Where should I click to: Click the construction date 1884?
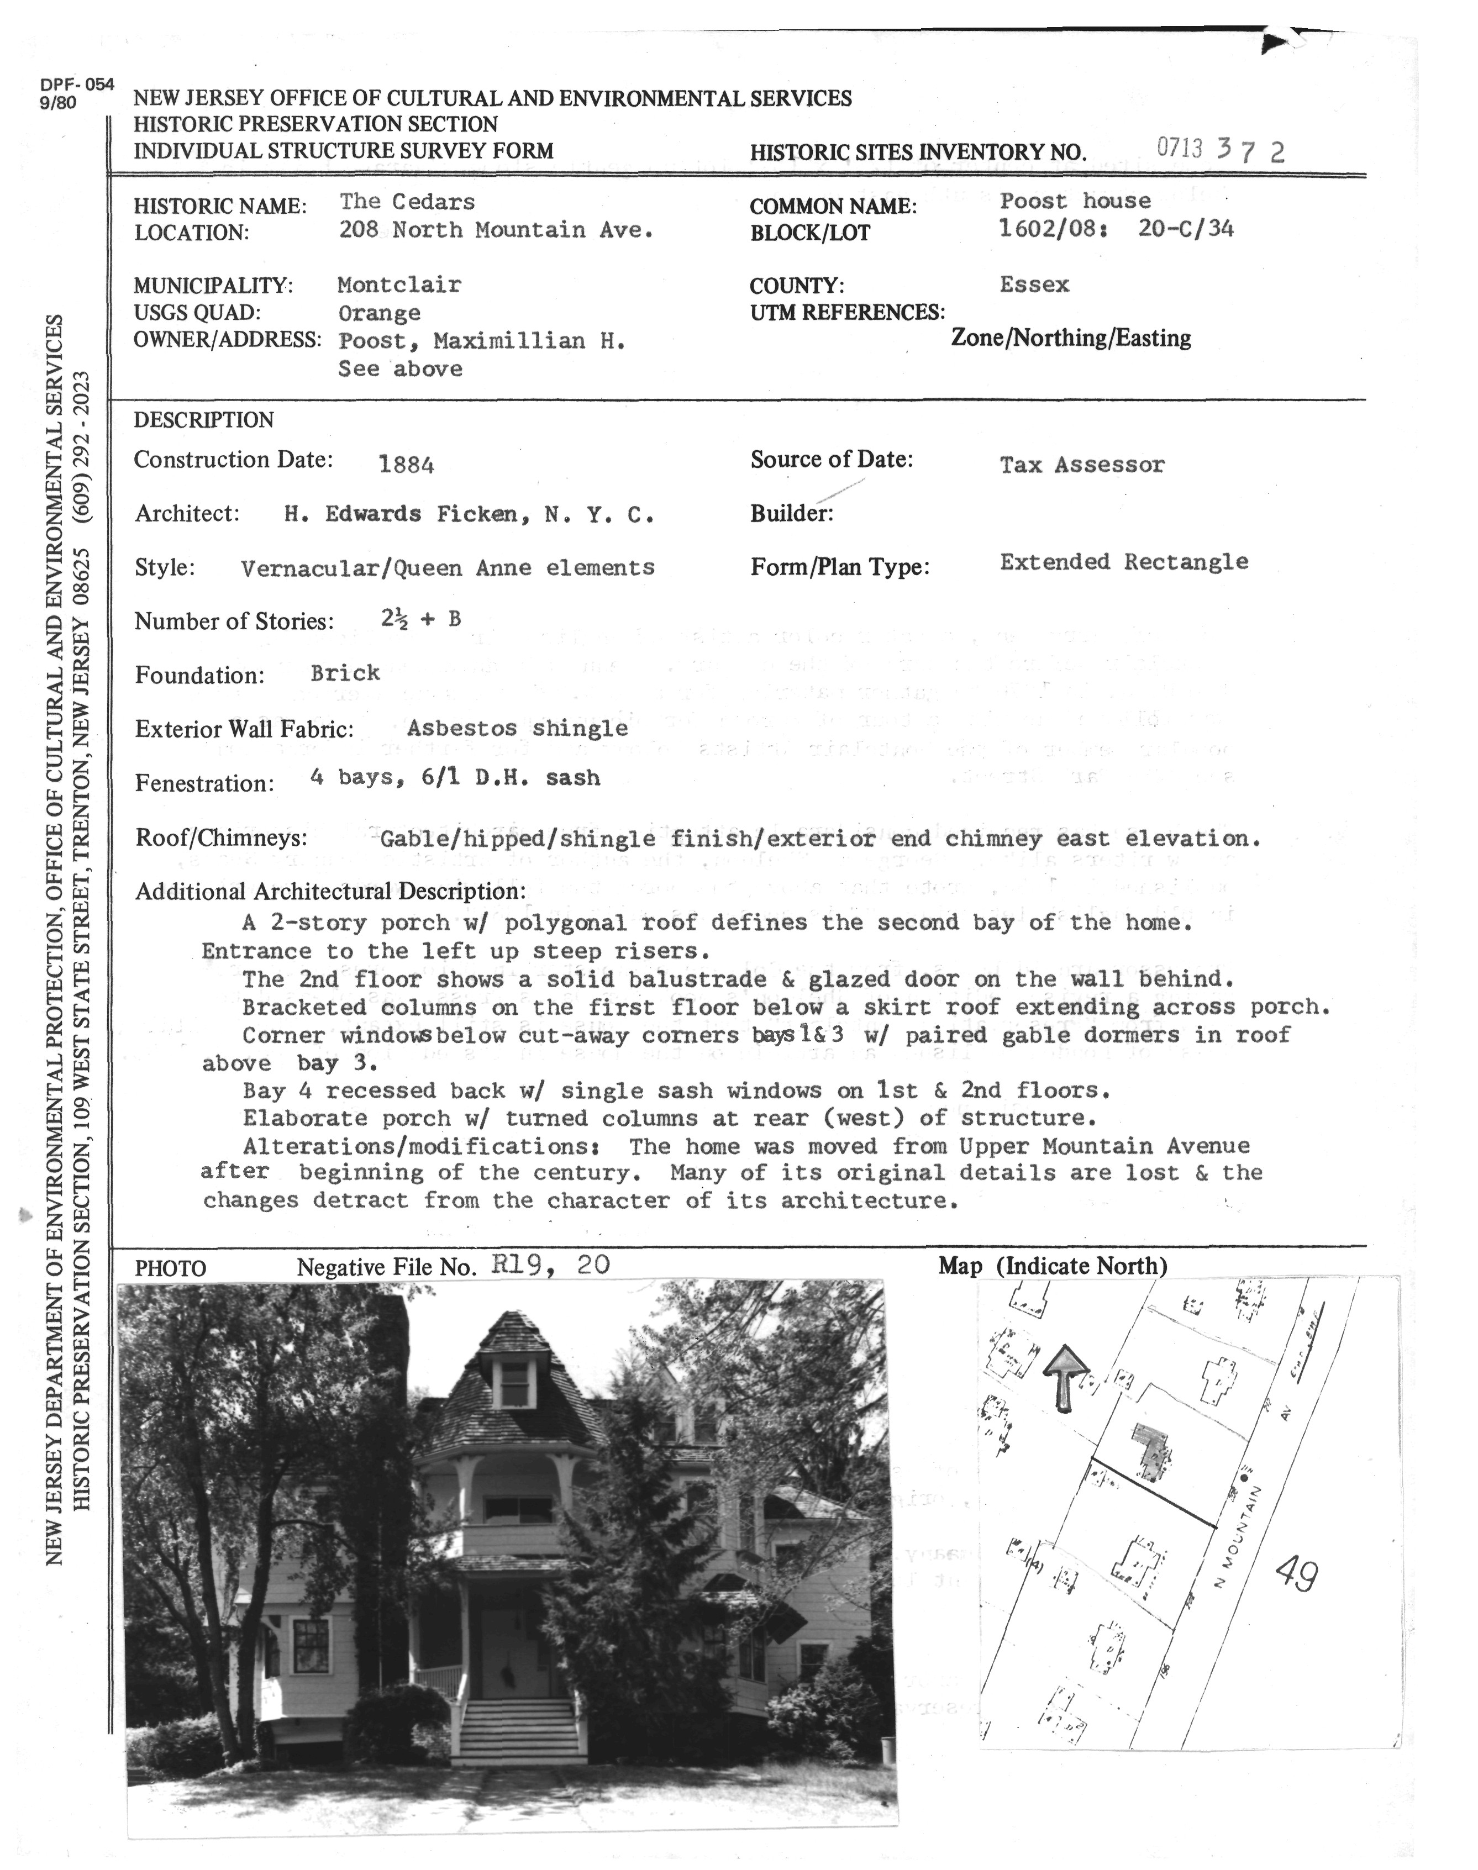[x=406, y=465]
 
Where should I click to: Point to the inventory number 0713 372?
[x=1220, y=150]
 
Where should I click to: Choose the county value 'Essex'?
[x=1034, y=285]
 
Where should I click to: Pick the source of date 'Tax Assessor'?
[x=1082, y=465]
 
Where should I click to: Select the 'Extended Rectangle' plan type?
[x=1123, y=562]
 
